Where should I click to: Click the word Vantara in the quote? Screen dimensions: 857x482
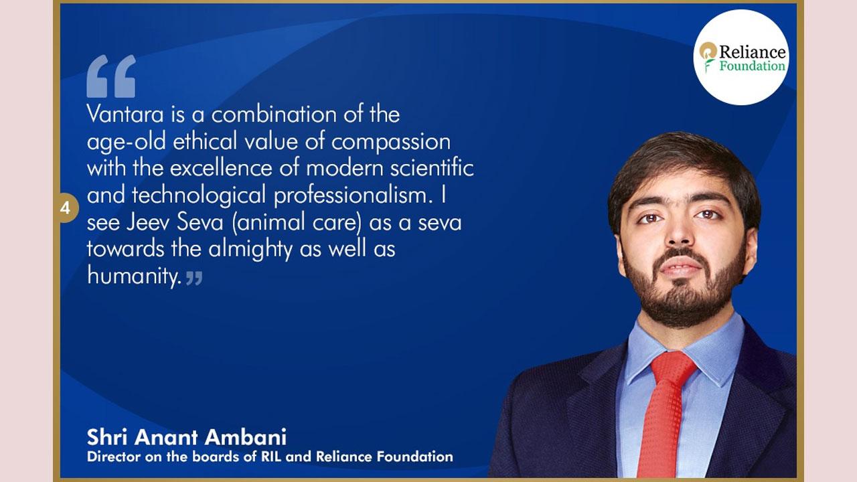click(125, 114)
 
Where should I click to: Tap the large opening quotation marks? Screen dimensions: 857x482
click(111, 76)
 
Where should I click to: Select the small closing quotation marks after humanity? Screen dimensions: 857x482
click(194, 278)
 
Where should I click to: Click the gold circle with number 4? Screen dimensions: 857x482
click(68, 208)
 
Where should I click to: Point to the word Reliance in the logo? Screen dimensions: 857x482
click(752, 52)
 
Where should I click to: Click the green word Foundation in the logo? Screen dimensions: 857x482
click(752, 66)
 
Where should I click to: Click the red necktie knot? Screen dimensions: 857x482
click(673, 366)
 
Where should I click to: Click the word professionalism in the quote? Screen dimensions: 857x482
click(350, 195)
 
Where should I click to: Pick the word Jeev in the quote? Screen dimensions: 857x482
click(147, 222)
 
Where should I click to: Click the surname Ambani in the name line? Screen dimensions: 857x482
click(245, 437)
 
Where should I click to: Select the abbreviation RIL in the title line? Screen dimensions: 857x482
click(271, 457)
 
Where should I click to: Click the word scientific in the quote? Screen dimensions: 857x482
click(432, 168)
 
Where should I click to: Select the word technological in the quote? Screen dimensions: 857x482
click(199, 195)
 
